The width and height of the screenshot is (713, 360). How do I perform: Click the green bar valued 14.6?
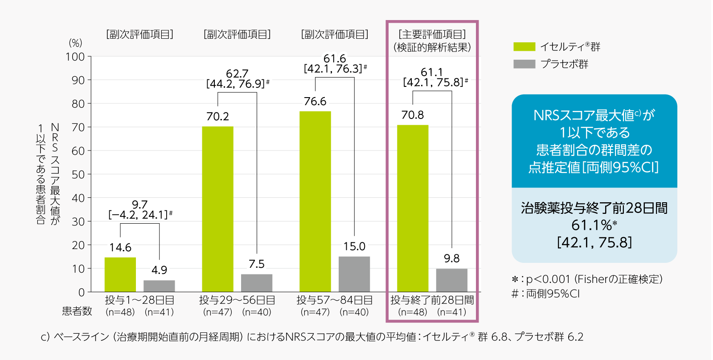pos(120,274)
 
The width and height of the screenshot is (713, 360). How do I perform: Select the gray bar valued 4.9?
pos(159,286)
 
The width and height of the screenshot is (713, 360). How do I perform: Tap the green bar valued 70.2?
pos(217,209)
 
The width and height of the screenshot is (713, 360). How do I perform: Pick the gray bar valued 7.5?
pos(257,283)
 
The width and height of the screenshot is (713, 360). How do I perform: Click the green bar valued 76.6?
pos(315,201)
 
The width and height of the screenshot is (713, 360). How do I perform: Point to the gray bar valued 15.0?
pos(354,274)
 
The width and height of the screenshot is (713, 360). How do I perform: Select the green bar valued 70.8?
pos(413,209)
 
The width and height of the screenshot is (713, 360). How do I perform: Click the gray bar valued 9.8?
pos(451,280)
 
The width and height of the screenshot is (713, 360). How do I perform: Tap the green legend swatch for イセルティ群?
pos(524,47)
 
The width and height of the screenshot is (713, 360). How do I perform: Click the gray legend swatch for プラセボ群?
pos(524,64)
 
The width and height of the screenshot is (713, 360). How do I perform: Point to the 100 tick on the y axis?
pos(75,57)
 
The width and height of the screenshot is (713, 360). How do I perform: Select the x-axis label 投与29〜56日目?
pos(237,300)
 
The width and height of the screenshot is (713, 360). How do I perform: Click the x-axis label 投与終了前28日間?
pos(432,300)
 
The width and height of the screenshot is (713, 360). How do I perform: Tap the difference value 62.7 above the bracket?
pos(237,74)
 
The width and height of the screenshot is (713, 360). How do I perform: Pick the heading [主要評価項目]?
pos(432,34)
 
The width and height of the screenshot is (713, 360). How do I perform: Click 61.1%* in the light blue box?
pos(594,225)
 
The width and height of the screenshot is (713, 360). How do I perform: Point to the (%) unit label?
pos(75,43)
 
